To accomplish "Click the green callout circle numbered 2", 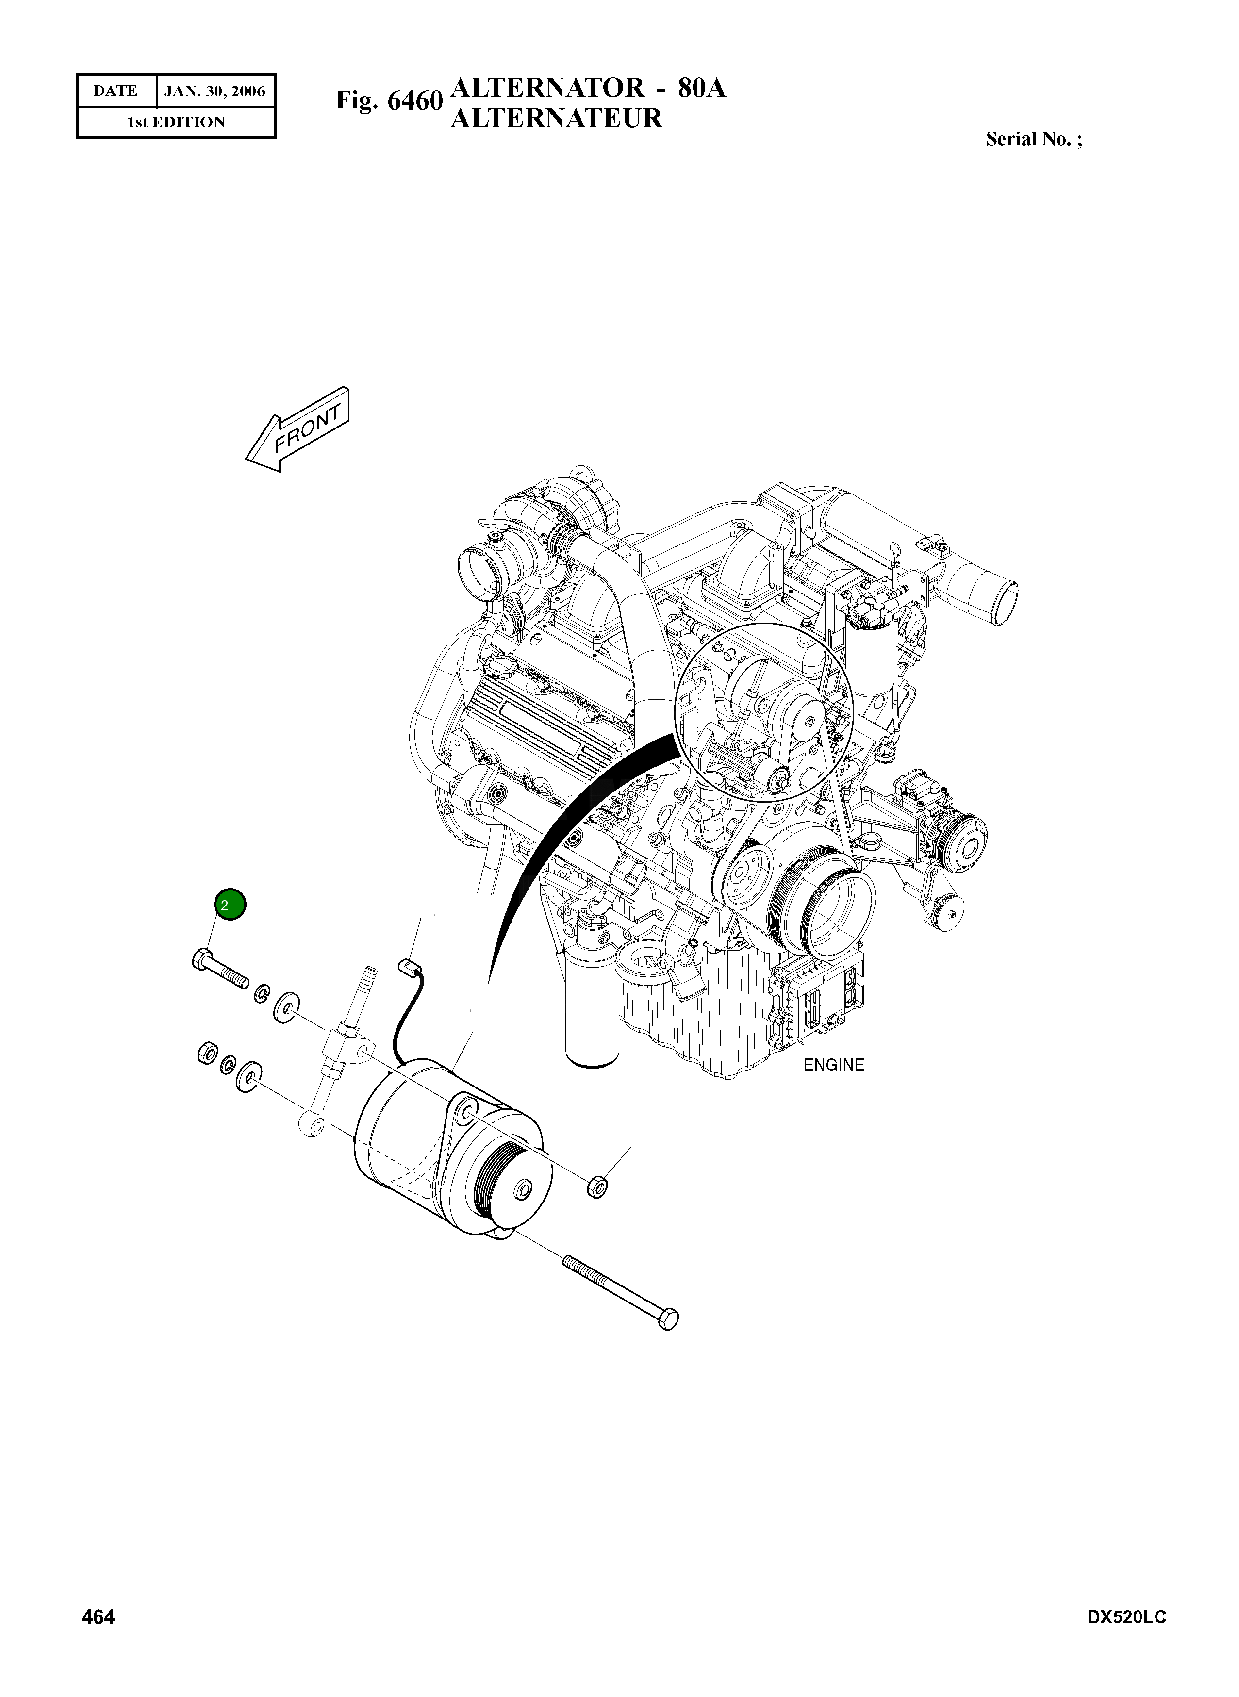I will click(230, 905).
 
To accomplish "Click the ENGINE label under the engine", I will click(833, 1065).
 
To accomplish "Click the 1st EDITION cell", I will click(176, 122).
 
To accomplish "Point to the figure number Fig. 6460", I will click(389, 100).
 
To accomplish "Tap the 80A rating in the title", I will click(701, 88).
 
